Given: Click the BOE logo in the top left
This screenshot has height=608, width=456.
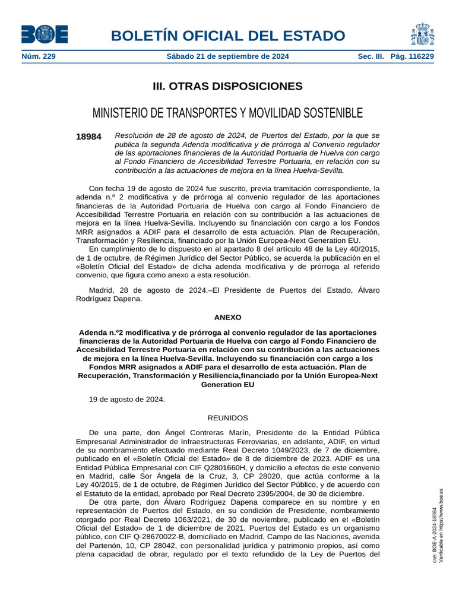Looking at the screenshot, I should click(45, 34).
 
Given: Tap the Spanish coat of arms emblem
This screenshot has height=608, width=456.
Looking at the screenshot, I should click(422, 34).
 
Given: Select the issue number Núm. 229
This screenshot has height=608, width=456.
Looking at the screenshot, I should click(39, 56).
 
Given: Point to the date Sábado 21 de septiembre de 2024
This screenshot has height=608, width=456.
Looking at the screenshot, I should click(227, 56).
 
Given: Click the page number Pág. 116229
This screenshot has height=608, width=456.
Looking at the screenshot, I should click(412, 56).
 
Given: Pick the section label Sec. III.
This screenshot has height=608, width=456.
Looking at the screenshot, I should click(371, 56).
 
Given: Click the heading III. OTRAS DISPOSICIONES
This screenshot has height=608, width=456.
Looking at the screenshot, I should click(227, 87).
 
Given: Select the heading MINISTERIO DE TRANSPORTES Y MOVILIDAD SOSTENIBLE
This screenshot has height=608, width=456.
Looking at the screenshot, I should click(227, 113).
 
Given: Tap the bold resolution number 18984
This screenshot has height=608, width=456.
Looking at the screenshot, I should click(88, 137).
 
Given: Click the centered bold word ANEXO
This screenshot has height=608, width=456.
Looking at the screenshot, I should click(227, 318).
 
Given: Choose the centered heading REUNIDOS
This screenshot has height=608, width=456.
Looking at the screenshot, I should click(227, 418).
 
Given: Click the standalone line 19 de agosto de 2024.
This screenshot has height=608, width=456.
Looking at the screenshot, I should click(126, 400).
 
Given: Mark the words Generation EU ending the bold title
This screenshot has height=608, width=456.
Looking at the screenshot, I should click(227, 385).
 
